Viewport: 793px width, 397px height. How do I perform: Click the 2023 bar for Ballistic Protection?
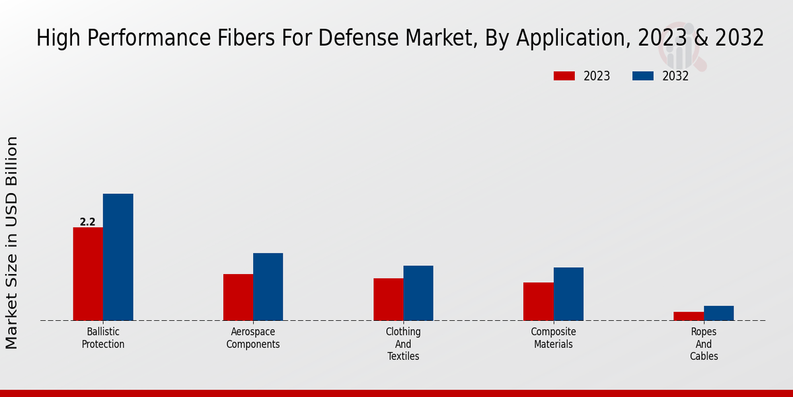88,274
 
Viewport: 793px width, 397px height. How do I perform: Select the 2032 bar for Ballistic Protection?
118,257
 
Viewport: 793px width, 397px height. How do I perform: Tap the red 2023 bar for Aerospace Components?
238,297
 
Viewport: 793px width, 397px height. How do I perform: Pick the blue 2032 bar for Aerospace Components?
268,287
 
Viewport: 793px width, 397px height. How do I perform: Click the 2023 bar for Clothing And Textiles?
388,299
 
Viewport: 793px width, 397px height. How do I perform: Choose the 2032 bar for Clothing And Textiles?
418,293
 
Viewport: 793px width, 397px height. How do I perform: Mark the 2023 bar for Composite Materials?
538,301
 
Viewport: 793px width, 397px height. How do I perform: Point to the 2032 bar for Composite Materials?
568,294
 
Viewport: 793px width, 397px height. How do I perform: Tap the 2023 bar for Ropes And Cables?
688,316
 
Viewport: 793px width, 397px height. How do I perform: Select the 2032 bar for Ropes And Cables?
718,313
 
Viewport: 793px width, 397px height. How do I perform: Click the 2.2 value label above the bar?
88,222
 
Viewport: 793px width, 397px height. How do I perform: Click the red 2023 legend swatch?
564,76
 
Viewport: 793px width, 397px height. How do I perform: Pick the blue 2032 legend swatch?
643,76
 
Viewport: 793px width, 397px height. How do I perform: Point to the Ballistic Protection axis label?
103,338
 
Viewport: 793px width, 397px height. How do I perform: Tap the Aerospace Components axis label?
253,338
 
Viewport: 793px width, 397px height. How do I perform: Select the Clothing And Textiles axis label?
403,344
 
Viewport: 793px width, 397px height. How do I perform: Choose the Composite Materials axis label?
553,338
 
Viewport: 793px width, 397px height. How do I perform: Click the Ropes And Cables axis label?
703,344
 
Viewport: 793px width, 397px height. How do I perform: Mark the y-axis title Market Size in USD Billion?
12,242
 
